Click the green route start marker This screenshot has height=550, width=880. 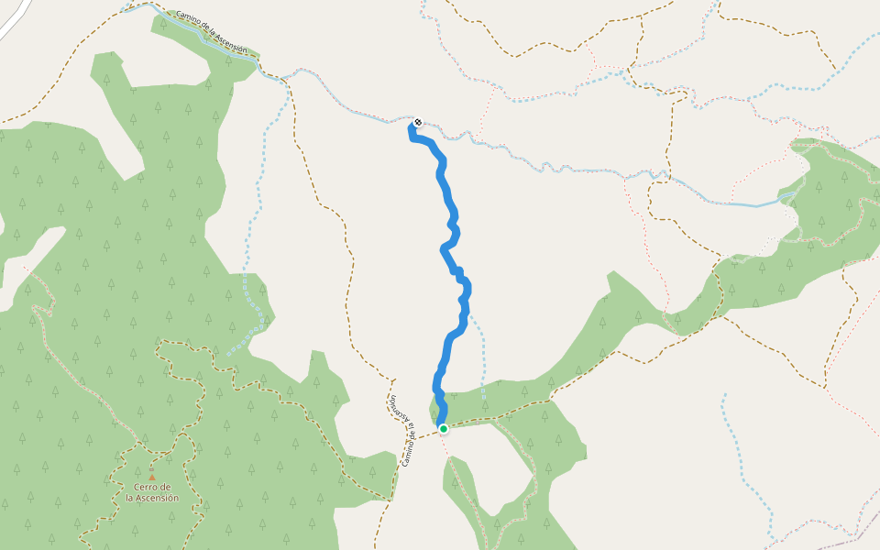click(443, 428)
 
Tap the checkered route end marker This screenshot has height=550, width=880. click(418, 122)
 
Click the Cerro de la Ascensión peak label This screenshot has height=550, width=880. click(152, 492)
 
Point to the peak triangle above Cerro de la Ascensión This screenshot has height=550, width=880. click(152, 477)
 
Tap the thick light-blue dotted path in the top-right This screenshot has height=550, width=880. click(788, 90)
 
